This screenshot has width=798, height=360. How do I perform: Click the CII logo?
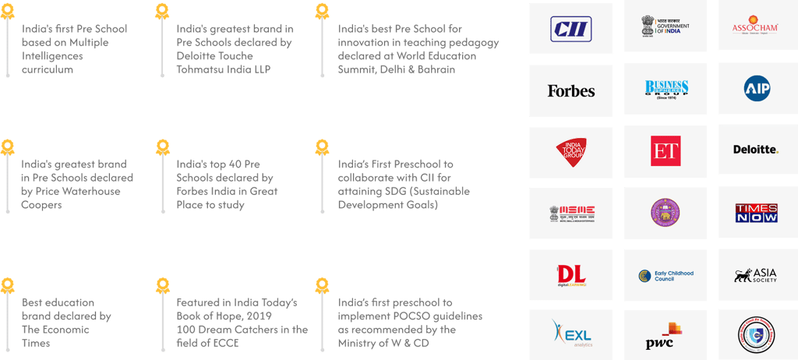pyautogui.click(x=570, y=29)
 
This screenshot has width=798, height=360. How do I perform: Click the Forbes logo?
pyautogui.click(x=570, y=90)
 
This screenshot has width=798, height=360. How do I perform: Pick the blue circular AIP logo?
pyautogui.click(x=757, y=89)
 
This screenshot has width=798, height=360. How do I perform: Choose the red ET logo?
pyautogui.click(x=666, y=151)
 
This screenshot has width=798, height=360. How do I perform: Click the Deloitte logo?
pyautogui.click(x=755, y=150)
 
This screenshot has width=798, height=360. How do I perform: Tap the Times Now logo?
pyautogui.click(x=756, y=212)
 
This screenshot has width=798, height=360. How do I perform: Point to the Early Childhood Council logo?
pyautogui.click(x=666, y=275)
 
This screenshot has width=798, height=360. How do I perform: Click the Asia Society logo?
pyautogui.click(x=755, y=275)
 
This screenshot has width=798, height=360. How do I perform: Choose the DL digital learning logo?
pyautogui.click(x=570, y=275)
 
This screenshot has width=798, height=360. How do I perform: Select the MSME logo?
pyautogui.click(x=570, y=213)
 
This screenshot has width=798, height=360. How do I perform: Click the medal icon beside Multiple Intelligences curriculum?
pyautogui.click(x=8, y=12)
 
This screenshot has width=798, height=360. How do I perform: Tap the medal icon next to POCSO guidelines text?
pyautogui.click(x=321, y=285)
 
